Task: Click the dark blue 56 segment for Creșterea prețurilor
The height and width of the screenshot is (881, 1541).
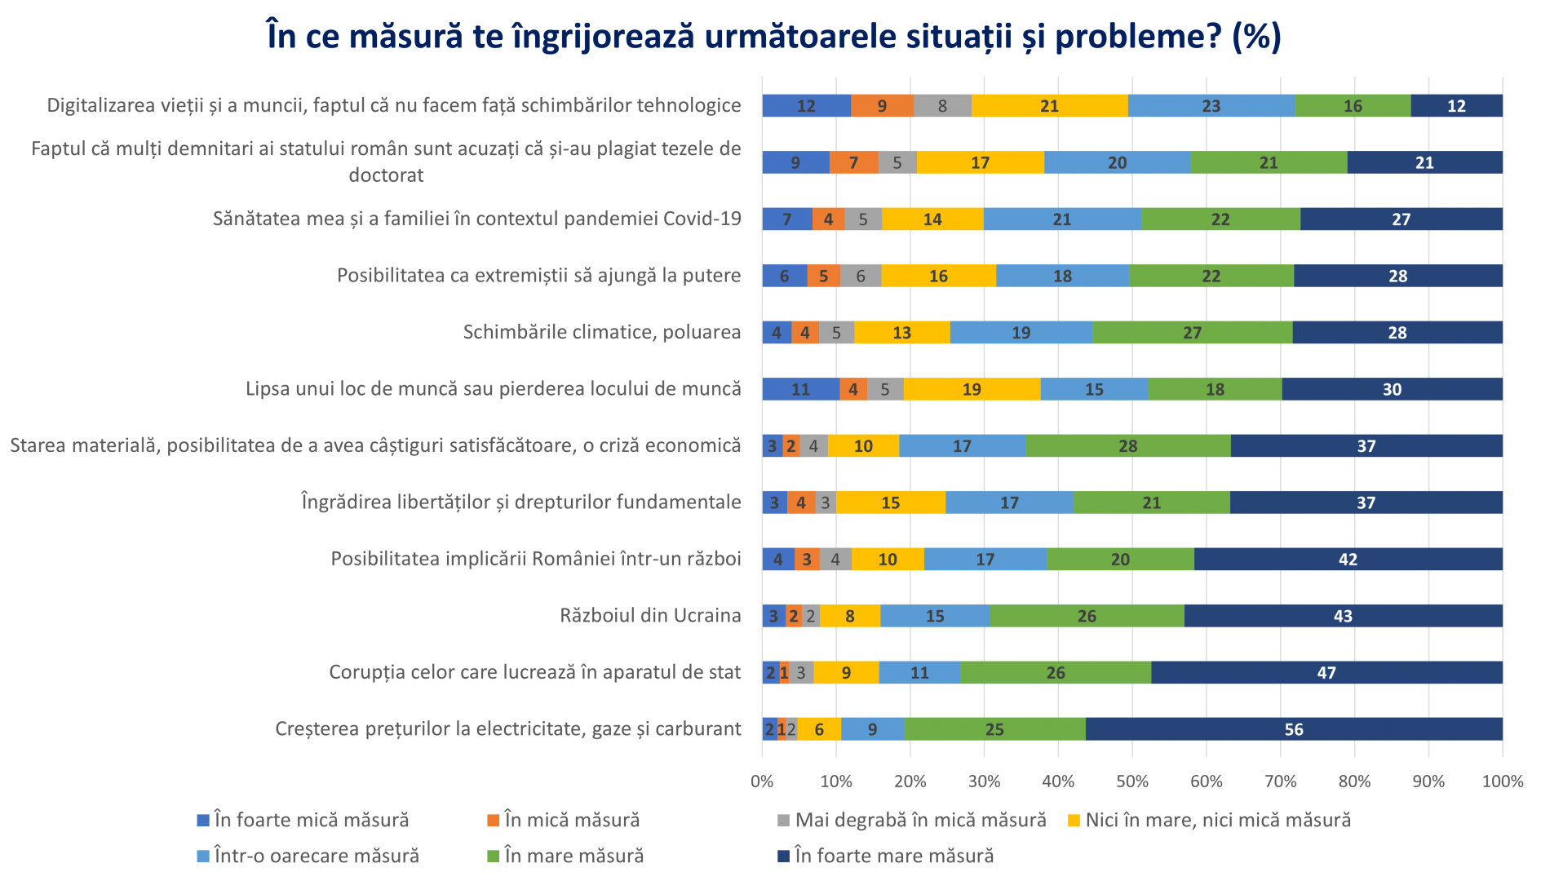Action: tap(1294, 728)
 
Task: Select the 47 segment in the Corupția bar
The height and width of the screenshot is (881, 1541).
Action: tap(1326, 672)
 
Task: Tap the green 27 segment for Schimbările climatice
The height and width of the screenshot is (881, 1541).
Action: tap(1192, 332)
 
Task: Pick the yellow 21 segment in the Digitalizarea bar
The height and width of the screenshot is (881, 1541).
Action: tap(1049, 105)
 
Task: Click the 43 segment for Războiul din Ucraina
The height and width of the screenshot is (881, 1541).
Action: tap(1343, 616)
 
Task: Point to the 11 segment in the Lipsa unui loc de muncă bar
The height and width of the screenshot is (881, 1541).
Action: tap(800, 389)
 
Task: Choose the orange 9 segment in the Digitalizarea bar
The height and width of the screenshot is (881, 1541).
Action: tap(882, 105)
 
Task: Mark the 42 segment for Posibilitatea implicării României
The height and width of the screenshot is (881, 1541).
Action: tap(1348, 559)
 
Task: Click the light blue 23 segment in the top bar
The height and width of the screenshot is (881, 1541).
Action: tap(1211, 105)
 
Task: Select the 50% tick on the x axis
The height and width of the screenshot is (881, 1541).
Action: tap(1132, 781)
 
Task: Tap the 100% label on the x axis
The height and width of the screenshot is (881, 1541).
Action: tap(1502, 781)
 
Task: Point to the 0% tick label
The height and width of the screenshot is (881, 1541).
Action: tap(762, 781)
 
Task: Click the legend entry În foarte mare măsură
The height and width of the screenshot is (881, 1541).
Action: tap(893, 856)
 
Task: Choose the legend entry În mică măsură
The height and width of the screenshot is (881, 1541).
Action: tap(571, 820)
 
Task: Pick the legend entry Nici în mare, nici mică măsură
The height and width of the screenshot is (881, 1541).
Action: tap(1217, 820)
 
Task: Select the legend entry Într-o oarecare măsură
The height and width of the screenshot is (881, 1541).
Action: tap(316, 856)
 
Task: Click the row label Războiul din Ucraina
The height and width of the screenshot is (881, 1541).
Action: tap(650, 615)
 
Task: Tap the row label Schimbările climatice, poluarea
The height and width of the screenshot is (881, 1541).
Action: tap(602, 332)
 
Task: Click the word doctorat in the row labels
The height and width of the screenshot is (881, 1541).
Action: tap(386, 175)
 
